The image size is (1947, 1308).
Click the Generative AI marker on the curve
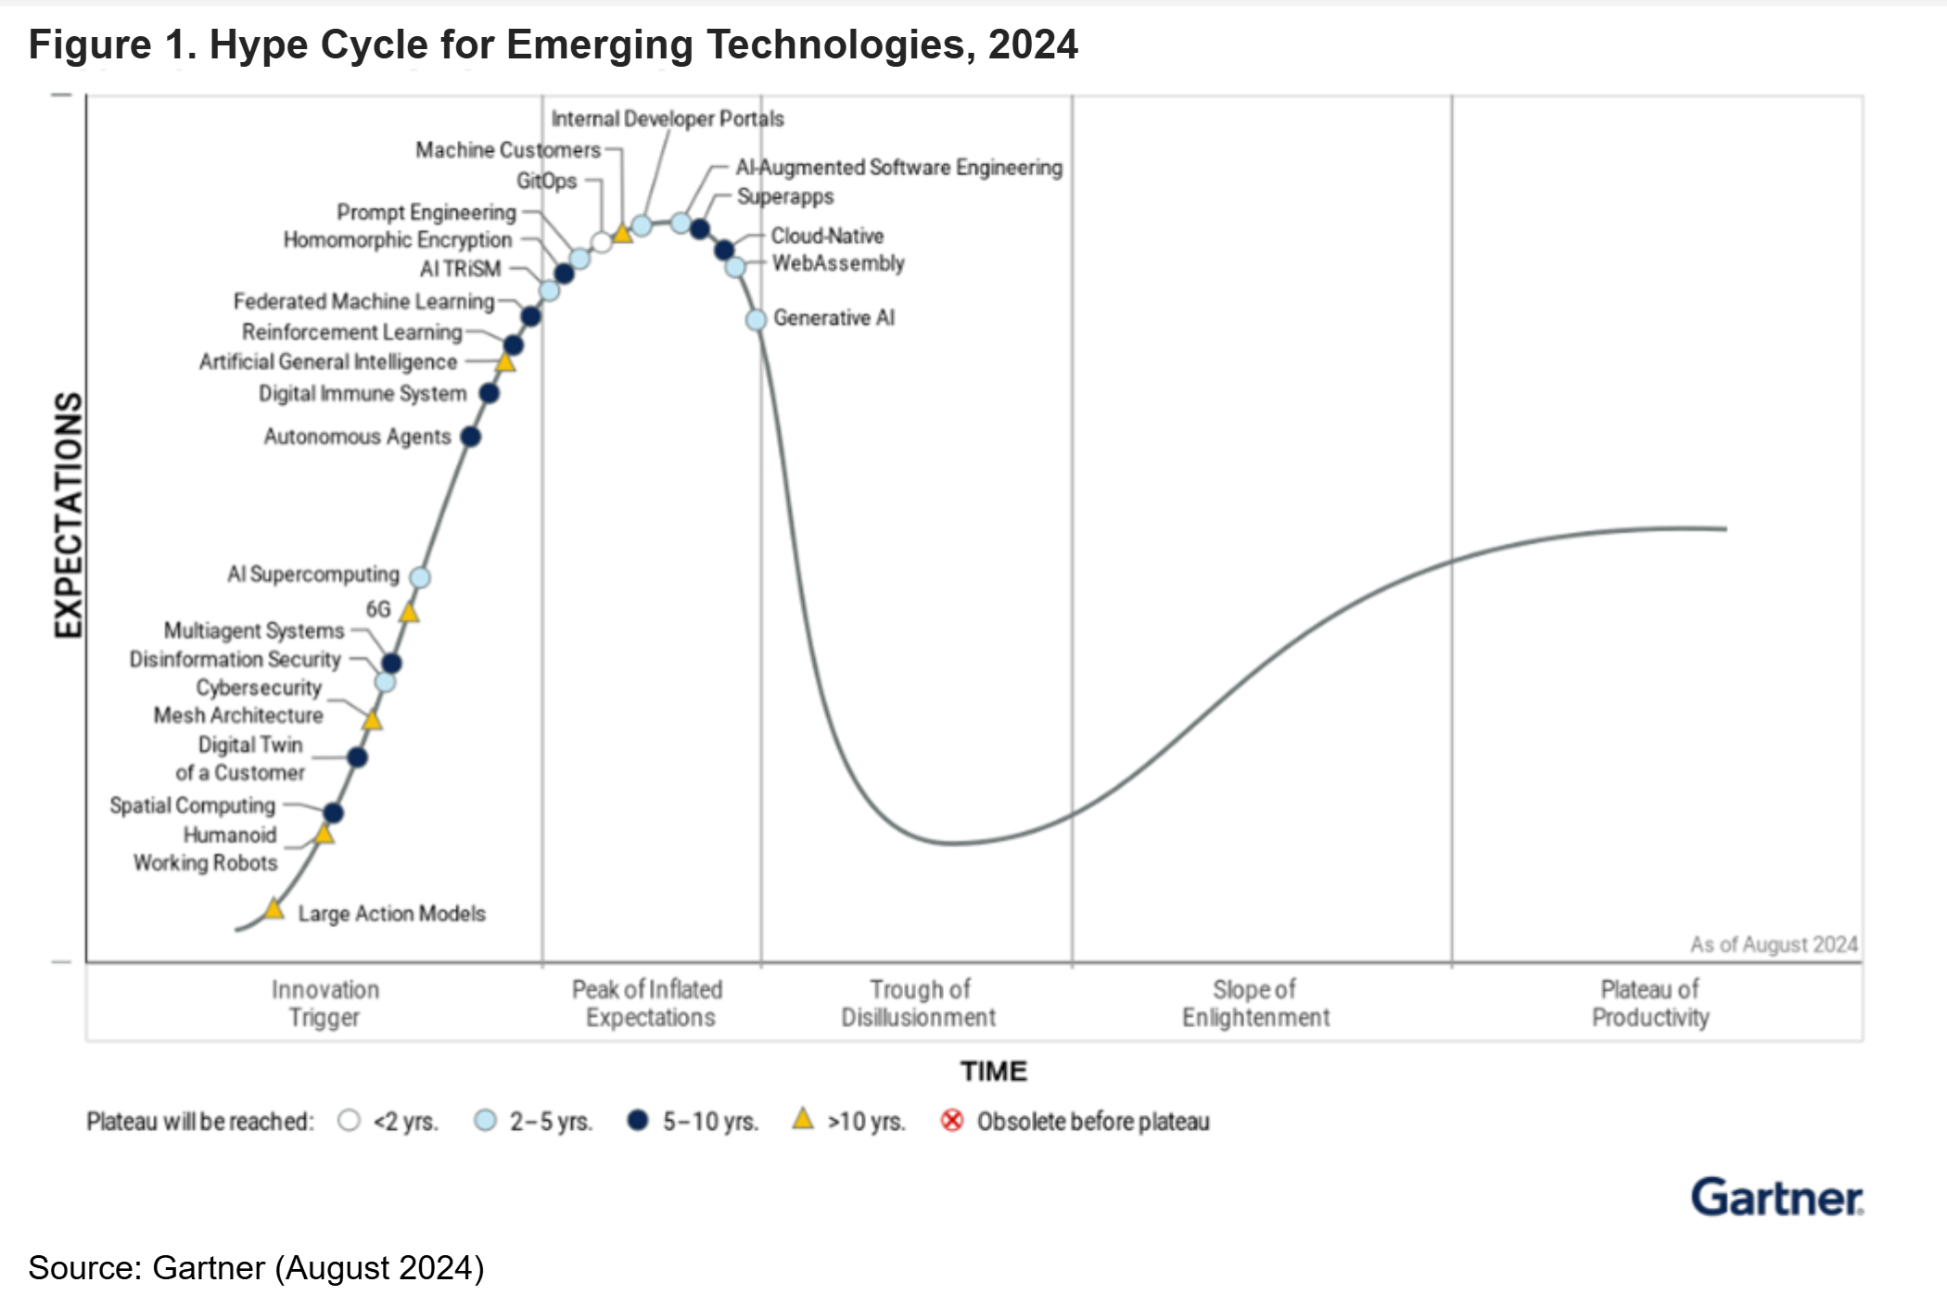point(757,320)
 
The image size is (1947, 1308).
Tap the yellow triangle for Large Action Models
point(274,909)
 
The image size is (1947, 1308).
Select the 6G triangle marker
point(409,612)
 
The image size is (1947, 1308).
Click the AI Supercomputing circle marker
point(420,578)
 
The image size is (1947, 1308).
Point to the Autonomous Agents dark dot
point(471,437)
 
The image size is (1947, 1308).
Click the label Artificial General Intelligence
point(328,362)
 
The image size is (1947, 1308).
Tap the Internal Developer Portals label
point(667,119)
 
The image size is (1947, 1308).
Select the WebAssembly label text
point(838,263)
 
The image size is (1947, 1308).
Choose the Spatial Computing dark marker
point(334,813)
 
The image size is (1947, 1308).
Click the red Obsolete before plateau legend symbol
point(951,1121)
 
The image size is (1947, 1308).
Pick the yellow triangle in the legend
point(803,1120)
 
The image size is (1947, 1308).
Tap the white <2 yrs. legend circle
point(350,1121)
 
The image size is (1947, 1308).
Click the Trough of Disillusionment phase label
point(918,1003)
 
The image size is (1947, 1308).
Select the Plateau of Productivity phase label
point(1650,1003)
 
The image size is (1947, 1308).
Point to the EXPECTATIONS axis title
point(69,514)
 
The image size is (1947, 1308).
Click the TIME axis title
point(993,1072)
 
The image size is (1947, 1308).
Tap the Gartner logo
point(1776,1198)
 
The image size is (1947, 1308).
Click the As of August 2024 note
point(1773,945)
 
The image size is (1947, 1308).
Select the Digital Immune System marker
point(490,394)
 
